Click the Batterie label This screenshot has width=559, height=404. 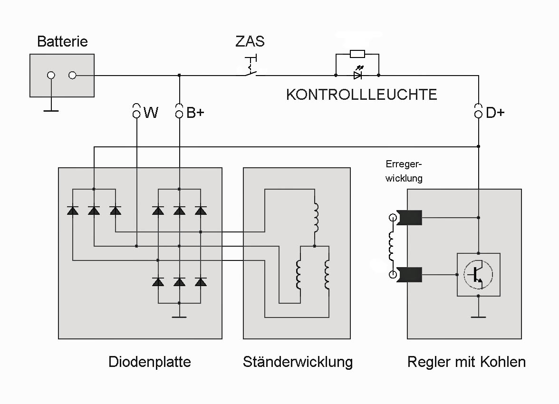click(62, 42)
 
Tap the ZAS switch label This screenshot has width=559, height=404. click(250, 41)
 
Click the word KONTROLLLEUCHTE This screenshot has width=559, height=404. click(361, 95)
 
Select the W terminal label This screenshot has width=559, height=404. click(151, 113)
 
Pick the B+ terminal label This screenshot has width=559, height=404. click(195, 113)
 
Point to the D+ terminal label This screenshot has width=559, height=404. click(495, 113)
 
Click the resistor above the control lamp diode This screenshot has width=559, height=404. click(357, 54)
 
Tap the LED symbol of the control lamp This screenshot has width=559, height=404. click(358, 75)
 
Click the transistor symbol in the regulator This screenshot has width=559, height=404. click(478, 274)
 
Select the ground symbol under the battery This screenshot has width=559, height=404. click(51, 110)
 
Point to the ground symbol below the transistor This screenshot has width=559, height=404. click(478, 316)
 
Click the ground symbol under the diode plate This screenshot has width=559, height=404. click(179, 317)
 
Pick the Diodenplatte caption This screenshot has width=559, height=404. click(149, 362)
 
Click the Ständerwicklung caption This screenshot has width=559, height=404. click(298, 362)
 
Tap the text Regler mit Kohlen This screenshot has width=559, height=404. click(466, 362)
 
